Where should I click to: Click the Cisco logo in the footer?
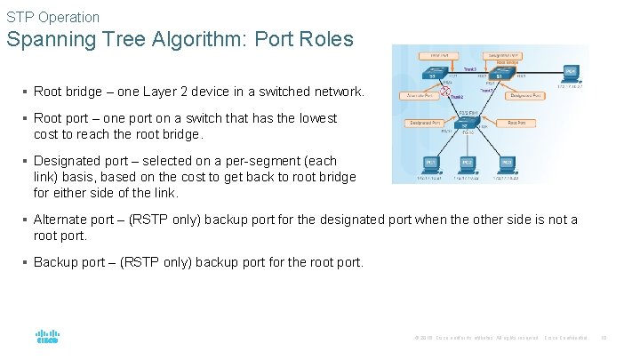click(47, 338)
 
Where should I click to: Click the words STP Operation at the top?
click(53, 17)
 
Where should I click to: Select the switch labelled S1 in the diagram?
click(501, 76)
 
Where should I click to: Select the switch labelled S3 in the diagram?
click(433, 76)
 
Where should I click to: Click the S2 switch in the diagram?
click(464, 125)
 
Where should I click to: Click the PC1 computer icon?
click(431, 164)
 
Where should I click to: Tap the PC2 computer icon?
click(468, 164)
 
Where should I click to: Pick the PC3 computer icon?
click(507, 164)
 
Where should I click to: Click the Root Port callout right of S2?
click(516, 123)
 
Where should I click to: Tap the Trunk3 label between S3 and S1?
click(469, 69)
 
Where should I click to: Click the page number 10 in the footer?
click(603, 338)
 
